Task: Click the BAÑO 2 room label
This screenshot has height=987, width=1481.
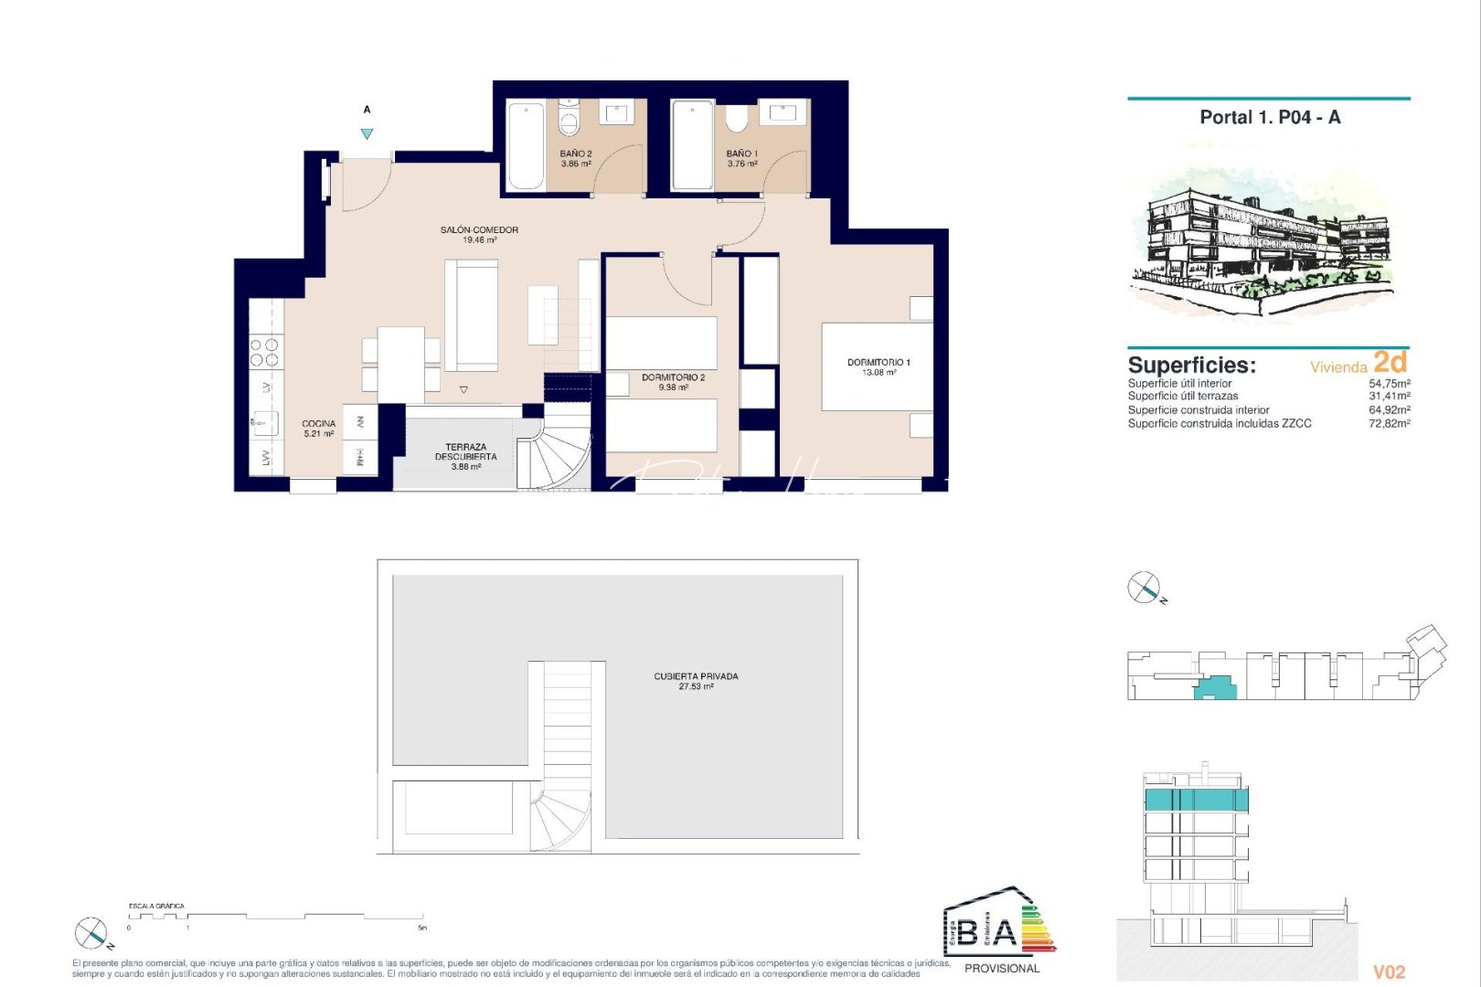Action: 576,154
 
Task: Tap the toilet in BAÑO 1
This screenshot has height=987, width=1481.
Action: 737,119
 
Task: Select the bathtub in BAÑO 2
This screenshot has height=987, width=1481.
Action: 526,146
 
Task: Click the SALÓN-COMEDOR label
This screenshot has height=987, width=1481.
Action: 479,230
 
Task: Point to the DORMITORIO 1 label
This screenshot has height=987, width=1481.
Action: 879,363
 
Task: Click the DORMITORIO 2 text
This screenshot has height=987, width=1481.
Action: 673,377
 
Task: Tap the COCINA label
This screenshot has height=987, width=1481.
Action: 319,424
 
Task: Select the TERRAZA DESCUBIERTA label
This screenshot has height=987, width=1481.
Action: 466,452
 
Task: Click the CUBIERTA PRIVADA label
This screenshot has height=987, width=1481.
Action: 696,677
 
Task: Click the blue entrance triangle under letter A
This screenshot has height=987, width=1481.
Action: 367,134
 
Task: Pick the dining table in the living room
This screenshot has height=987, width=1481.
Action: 400,364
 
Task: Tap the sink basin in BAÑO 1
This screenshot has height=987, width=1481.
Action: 783,111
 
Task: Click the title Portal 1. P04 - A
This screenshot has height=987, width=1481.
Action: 1270,117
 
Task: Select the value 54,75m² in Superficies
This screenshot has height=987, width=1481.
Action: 1389,384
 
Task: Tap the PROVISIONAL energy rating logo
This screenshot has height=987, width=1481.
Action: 1000,932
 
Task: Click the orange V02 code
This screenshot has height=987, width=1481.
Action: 1389,972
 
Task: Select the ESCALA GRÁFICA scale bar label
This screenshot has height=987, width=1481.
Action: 156,906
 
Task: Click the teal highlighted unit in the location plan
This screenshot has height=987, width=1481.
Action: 1215,687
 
